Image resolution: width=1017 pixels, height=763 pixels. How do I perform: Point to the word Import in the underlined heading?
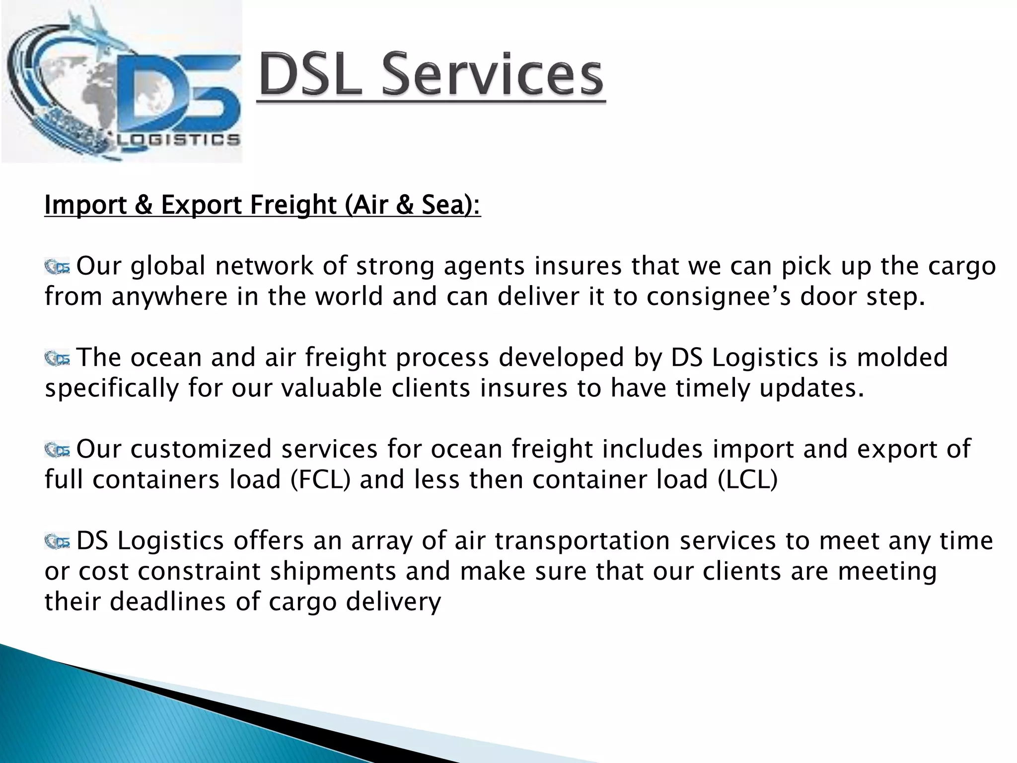(85, 205)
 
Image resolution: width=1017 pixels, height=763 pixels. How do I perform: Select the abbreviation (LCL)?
(748, 480)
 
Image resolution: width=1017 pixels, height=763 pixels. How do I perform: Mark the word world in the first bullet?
(350, 297)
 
